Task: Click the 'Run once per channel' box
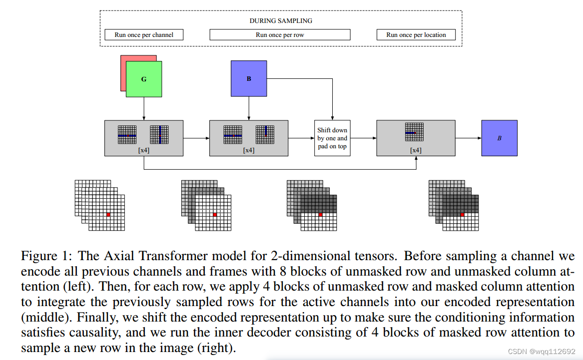click(x=144, y=35)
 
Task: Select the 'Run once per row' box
click(x=280, y=35)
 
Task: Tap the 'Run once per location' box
click(x=416, y=35)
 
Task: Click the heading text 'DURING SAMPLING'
click(x=281, y=21)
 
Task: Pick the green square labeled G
click(x=144, y=79)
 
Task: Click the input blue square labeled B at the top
click(x=249, y=78)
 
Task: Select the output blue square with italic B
click(x=499, y=138)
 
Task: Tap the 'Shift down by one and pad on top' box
click(x=332, y=138)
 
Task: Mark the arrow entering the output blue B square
click(x=469, y=138)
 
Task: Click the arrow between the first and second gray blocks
click(x=196, y=138)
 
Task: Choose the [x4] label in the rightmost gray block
click(x=416, y=150)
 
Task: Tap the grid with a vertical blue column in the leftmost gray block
click(x=159, y=135)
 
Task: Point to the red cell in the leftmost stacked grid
click(x=108, y=214)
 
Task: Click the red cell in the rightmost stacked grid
click(x=462, y=215)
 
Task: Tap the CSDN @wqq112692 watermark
click(x=547, y=352)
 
